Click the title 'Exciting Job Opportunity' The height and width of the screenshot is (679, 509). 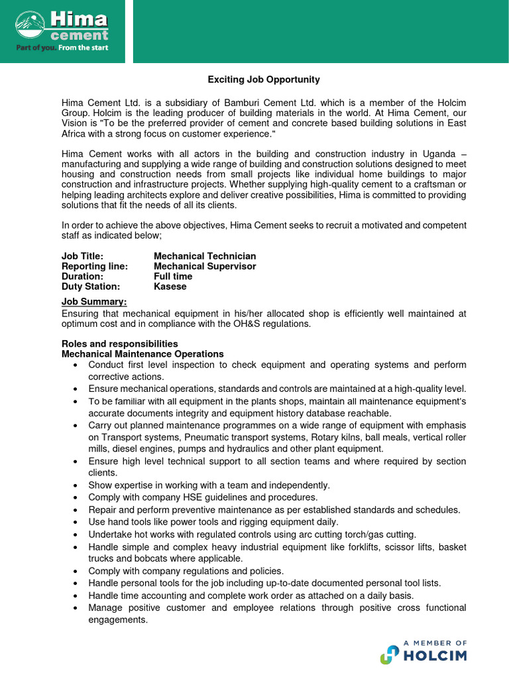coord(264,80)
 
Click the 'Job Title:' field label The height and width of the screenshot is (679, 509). coord(82,256)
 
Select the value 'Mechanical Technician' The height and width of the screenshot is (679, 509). coord(205,256)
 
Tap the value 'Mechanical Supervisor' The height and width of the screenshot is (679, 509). coord(205,266)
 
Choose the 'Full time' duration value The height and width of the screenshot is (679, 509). coord(173,277)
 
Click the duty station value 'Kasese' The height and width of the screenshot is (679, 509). coord(170,286)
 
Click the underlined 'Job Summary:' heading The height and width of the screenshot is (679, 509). coord(94,302)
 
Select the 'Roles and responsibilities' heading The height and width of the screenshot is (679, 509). coord(119,343)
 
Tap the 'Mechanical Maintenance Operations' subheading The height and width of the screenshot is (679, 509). coord(142,354)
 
